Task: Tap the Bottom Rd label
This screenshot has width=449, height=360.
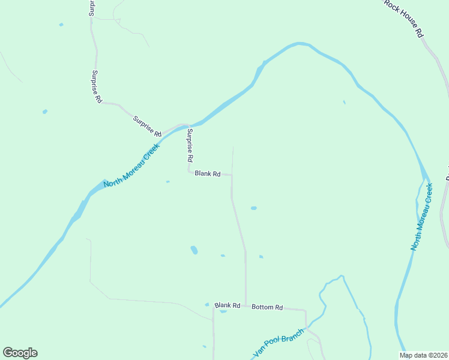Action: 267,307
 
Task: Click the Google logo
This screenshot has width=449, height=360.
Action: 20,353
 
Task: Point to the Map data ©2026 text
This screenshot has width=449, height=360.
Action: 423,355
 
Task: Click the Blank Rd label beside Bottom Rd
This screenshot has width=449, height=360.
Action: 228,305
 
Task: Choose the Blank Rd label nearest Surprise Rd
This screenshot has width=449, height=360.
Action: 207,174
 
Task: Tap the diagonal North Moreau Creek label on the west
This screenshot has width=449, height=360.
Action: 131,166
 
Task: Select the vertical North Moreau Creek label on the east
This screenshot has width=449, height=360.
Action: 422,217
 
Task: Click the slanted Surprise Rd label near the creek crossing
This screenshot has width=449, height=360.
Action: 147,125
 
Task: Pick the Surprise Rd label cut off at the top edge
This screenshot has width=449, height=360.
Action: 92,7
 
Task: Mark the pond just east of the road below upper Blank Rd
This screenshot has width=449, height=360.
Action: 253,208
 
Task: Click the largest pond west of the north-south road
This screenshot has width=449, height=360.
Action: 194,250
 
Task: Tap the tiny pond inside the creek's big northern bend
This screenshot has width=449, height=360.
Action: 344,102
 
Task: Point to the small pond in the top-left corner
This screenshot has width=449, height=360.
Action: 61,25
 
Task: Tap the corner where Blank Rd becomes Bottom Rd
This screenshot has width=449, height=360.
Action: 246,306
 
